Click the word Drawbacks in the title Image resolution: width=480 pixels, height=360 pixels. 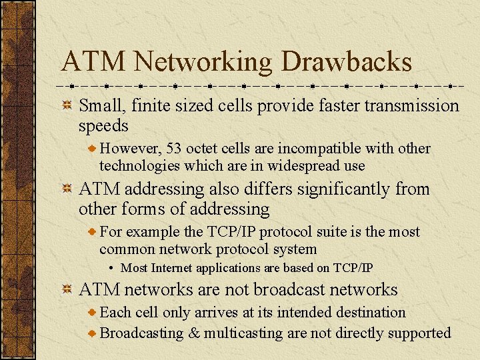click(x=347, y=62)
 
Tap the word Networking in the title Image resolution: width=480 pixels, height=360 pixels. click(x=202, y=62)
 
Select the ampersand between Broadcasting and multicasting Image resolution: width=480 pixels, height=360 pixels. click(x=193, y=333)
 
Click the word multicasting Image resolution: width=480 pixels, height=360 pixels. click(x=244, y=333)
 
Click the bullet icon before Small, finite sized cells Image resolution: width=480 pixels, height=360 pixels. click(x=67, y=105)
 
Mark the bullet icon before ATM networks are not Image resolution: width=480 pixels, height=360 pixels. click(x=67, y=289)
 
